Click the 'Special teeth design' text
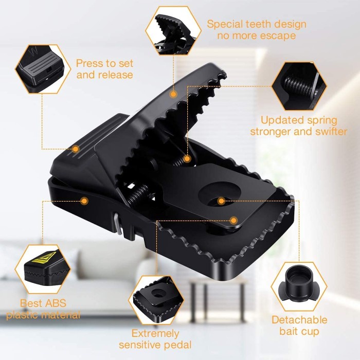point(257,24)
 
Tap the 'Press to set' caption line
point(105,63)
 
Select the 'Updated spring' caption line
point(299,120)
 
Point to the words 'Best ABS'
point(43,303)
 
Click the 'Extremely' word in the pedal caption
point(155,334)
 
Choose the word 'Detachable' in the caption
point(299,320)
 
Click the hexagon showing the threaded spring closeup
point(299,86)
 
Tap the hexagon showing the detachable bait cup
point(299,286)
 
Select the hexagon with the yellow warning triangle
point(43,269)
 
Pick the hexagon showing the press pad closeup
point(43,69)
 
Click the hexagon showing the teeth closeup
point(173,31)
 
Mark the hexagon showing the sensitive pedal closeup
point(156,300)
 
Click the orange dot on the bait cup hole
point(221,201)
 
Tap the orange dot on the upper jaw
point(173,94)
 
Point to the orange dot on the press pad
point(76,149)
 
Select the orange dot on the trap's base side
point(84,201)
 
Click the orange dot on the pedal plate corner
point(233,221)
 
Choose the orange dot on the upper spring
point(187,158)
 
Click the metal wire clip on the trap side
point(117,224)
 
